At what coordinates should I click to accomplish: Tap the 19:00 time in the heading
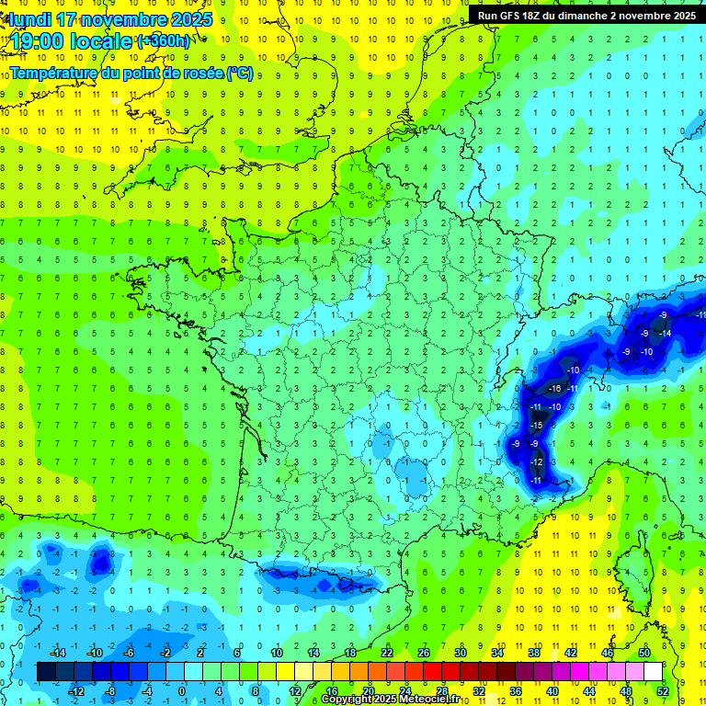click(x=38, y=40)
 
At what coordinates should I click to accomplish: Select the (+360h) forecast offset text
click(x=164, y=40)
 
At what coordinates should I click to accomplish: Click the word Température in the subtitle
click(x=58, y=73)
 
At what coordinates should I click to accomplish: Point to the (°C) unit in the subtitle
click(x=239, y=73)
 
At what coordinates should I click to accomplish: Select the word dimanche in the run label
click(x=583, y=16)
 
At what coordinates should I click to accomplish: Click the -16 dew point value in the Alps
click(x=553, y=389)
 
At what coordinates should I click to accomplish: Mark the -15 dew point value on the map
click(x=538, y=425)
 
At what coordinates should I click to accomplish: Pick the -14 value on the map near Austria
click(x=665, y=333)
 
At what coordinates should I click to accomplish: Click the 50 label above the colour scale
click(x=643, y=653)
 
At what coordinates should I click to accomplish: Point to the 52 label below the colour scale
click(x=662, y=691)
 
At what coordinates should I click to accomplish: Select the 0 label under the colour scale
click(x=181, y=691)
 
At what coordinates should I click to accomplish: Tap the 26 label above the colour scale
click(x=424, y=653)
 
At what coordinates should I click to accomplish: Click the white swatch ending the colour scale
click(x=653, y=672)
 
